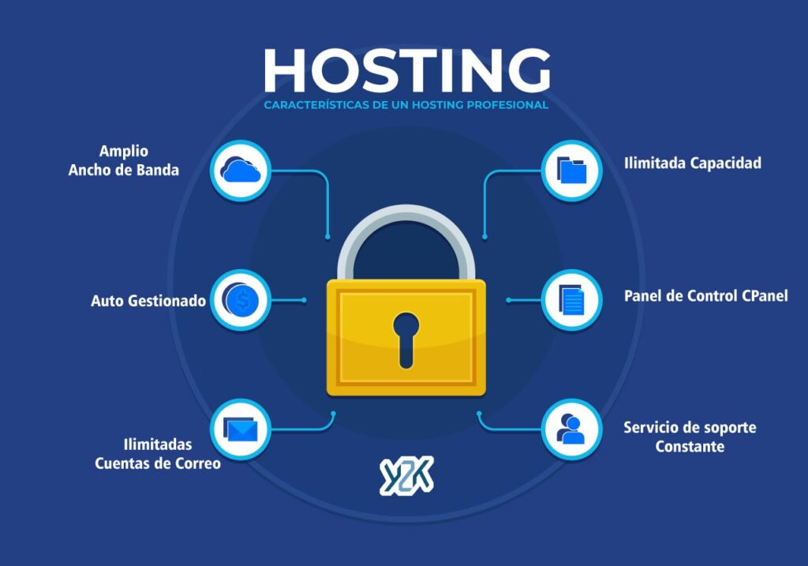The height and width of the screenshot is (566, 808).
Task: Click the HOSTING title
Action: click(406, 71)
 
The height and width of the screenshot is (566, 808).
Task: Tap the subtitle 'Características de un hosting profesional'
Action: click(406, 105)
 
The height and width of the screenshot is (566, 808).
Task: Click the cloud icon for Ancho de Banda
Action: click(241, 170)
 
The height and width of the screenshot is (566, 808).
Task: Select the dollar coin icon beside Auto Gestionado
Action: click(241, 300)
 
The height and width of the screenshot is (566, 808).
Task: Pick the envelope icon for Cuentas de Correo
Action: click(241, 429)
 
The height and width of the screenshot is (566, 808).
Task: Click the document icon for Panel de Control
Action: click(572, 300)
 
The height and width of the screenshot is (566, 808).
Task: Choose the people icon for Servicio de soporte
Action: click(572, 429)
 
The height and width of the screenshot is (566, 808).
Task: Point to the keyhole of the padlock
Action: click(406, 338)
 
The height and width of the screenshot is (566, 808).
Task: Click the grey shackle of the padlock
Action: click(406, 237)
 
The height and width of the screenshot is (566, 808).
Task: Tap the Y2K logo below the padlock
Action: click(406, 475)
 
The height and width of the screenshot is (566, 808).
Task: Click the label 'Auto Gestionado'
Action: click(148, 301)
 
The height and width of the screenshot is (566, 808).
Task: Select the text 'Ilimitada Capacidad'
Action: click(692, 163)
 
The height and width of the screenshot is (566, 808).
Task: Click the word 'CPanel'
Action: click(765, 296)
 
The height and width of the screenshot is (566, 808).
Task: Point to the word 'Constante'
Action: click(690, 447)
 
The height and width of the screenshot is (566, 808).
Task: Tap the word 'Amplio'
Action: click(124, 151)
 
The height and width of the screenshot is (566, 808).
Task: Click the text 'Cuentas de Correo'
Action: click(158, 463)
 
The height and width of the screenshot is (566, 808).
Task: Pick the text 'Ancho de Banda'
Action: click(124, 170)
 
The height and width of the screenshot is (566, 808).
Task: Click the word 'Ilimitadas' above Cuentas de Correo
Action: click(158, 444)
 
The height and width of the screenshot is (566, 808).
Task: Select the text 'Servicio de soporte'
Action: click(690, 427)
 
